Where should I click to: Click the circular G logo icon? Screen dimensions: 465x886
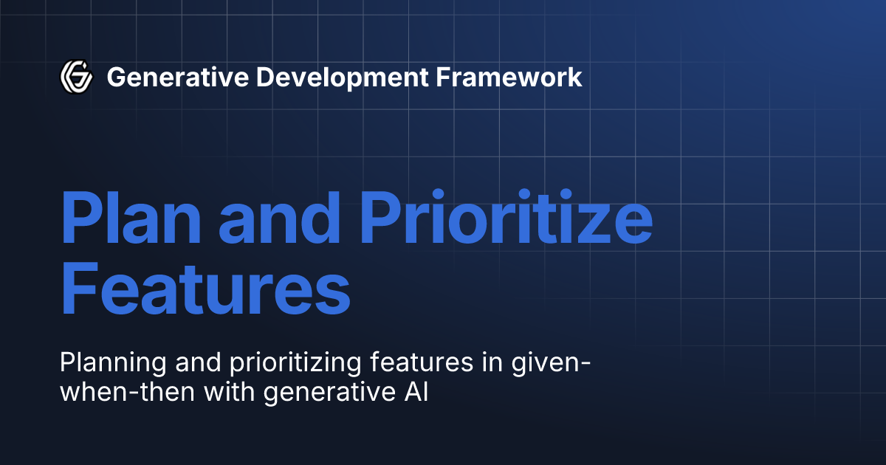pyautogui.click(x=76, y=76)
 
